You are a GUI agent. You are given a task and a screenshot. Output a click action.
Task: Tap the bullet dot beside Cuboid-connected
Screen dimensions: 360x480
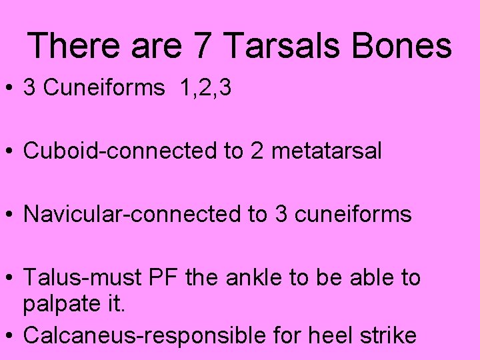click(x=11, y=152)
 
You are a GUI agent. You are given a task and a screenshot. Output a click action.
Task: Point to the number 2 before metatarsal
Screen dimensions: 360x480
click(x=257, y=151)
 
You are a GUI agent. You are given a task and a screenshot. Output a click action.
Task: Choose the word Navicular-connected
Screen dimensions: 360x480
click(x=136, y=214)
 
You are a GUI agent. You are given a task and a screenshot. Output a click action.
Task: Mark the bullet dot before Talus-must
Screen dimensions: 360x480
click(x=11, y=277)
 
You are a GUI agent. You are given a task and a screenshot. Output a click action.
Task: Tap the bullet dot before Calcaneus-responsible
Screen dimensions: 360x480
click(x=11, y=335)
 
